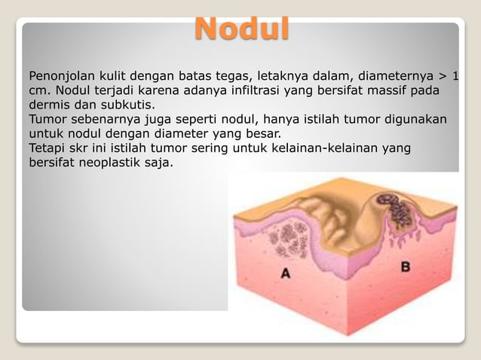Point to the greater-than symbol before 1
[442, 76]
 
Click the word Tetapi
[47, 148]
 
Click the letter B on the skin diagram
[405, 266]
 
